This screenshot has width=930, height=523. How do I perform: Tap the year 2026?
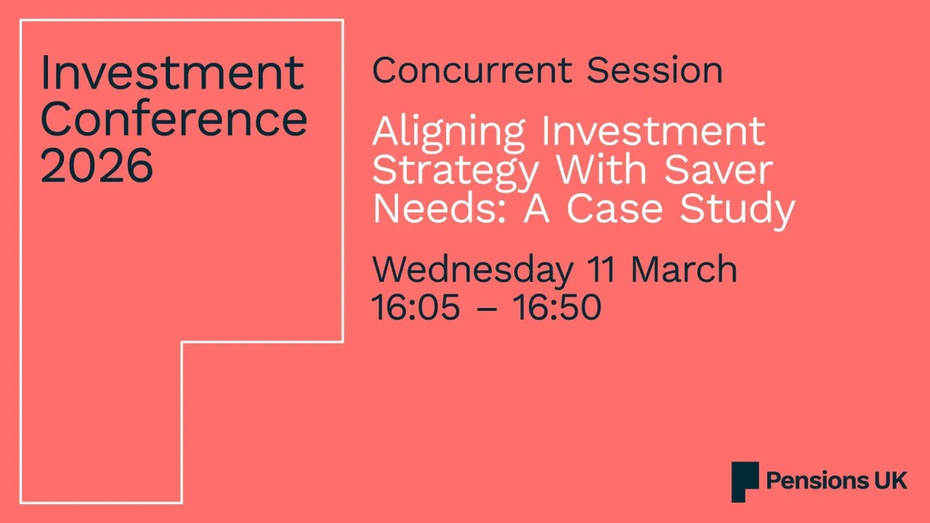pyautogui.click(x=97, y=165)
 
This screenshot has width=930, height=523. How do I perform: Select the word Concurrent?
pyautogui.click(x=472, y=71)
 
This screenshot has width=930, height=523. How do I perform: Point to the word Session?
pyautogui.click(x=655, y=71)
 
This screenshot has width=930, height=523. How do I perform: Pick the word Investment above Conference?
pyautogui.click(x=172, y=73)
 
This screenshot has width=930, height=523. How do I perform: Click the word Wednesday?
pyautogui.click(x=472, y=270)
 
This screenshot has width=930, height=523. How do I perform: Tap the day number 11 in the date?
pyautogui.click(x=601, y=270)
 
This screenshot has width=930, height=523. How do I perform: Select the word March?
pyautogui.click(x=684, y=270)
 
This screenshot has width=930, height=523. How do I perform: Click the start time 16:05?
pyautogui.click(x=416, y=307)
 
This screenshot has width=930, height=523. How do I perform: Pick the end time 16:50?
pyautogui.click(x=557, y=307)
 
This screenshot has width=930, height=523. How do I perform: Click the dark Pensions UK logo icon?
pyautogui.click(x=745, y=481)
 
